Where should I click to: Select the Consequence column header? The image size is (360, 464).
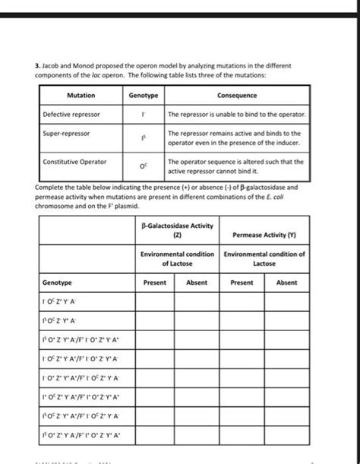(x=237, y=96)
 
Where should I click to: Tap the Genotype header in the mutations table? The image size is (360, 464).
(x=143, y=96)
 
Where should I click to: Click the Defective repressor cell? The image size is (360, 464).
(x=70, y=115)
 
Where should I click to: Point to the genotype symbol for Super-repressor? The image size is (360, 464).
(x=143, y=138)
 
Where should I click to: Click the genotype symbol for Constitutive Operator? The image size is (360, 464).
(x=143, y=166)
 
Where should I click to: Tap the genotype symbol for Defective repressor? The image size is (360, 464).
(x=143, y=115)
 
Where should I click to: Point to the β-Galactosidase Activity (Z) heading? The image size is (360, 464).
(x=177, y=230)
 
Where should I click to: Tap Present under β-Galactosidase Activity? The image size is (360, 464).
(x=155, y=282)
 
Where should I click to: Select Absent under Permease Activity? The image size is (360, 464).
(x=286, y=282)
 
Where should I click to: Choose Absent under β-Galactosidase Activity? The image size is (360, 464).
(x=197, y=282)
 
